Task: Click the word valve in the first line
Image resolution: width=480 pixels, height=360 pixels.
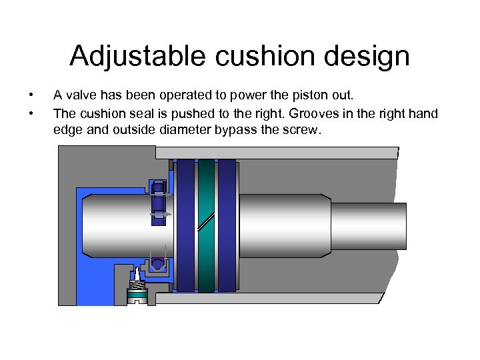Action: coord(81,95)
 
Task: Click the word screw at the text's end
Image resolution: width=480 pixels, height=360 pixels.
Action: coord(304,131)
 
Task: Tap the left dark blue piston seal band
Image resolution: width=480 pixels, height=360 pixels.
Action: coord(186,226)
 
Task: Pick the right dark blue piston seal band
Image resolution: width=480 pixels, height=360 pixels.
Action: coord(227,226)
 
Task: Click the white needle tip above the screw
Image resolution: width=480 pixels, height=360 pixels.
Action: coord(137,274)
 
